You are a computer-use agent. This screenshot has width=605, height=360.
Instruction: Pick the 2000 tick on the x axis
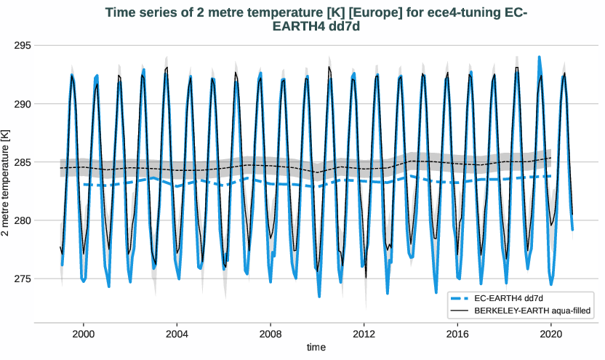coord(84,333)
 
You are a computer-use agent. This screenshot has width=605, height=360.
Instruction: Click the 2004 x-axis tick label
coord(177,333)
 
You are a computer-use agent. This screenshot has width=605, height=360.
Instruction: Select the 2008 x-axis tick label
coord(271,333)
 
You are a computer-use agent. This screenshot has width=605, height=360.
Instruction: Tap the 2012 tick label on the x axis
coord(364,333)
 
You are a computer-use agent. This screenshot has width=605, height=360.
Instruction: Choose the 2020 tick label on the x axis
coord(551,333)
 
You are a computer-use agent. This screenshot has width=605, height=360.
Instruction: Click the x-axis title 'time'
coord(316,348)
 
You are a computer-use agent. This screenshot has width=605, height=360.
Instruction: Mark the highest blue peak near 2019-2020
coord(539,57)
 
